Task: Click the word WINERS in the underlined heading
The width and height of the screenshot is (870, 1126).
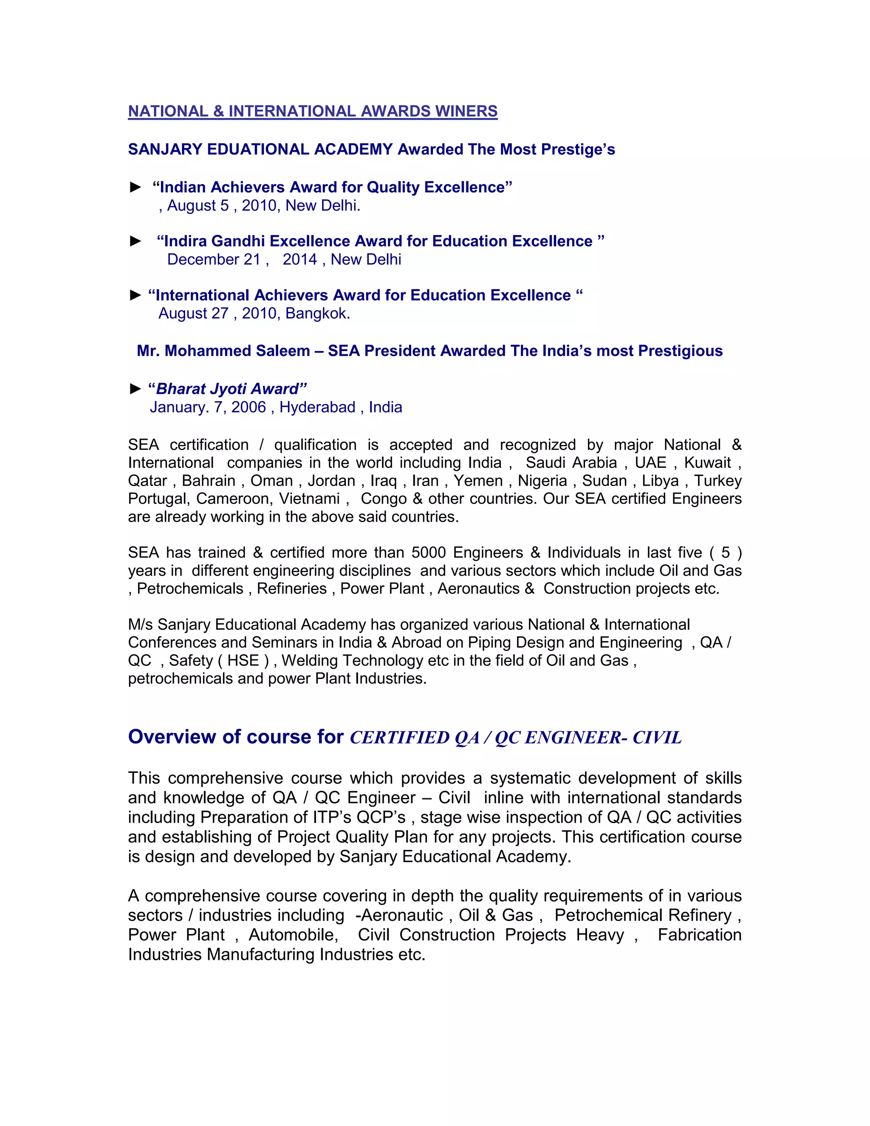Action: (x=466, y=111)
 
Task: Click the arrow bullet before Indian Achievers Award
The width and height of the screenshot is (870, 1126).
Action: (x=136, y=187)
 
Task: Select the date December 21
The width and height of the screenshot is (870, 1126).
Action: (x=214, y=259)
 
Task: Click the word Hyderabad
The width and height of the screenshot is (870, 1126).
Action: (x=317, y=407)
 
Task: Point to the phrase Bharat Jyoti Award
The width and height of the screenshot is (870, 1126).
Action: (x=227, y=389)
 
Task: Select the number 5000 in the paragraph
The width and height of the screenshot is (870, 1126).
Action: (x=428, y=553)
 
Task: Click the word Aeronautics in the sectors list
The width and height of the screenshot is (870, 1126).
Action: (x=478, y=589)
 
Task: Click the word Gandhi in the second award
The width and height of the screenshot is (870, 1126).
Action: (x=238, y=241)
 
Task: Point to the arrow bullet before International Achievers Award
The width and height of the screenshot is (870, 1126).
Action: (x=136, y=295)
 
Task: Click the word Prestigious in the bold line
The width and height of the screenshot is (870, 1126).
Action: (x=681, y=351)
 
